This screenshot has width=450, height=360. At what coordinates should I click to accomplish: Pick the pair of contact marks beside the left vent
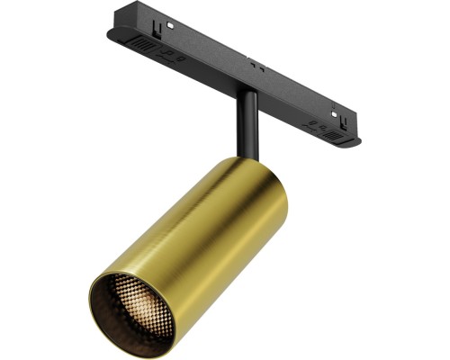[171, 55]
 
